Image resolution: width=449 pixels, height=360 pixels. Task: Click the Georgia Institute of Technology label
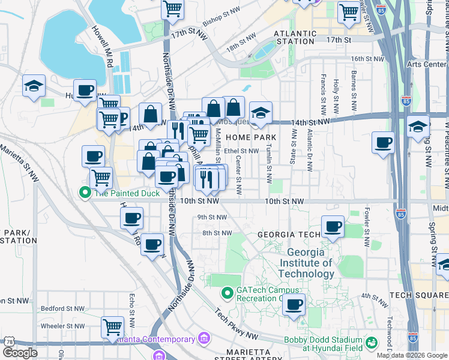pos(310,263)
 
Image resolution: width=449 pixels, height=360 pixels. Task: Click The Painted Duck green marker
pos(85,193)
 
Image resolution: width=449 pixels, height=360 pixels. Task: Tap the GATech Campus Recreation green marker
pos(227,293)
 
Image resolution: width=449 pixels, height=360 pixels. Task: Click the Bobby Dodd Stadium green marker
pos(372,343)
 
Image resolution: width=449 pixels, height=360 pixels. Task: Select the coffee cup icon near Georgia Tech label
pos(333,227)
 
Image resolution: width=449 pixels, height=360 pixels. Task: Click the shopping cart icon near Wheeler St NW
pos(112,326)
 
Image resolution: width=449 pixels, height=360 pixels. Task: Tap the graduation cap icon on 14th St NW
pos(261,112)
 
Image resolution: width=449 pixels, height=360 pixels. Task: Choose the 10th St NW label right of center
pos(285,202)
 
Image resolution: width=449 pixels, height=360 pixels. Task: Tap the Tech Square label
pos(418,295)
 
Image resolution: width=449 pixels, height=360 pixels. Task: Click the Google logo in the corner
pos(20,353)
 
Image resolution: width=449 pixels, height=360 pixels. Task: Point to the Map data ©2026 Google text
pos(412,355)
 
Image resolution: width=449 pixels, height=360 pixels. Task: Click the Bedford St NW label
pos(61,308)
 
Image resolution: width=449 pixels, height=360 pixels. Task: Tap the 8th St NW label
pos(217,233)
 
